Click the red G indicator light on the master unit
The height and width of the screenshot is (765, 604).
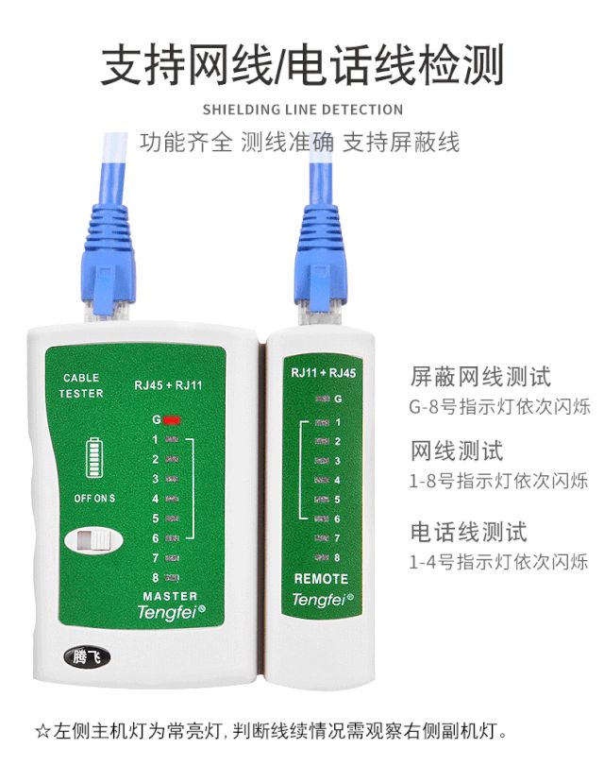pyautogui.click(x=172, y=419)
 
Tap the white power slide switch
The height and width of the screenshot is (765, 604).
pyautogui.click(x=93, y=540)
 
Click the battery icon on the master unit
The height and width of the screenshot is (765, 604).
pyautogui.click(x=94, y=457)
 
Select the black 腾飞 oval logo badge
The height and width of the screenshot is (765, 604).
pyautogui.click(x=87, y=656)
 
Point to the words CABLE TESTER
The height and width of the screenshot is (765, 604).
pyautogui.click(x=81, y=385)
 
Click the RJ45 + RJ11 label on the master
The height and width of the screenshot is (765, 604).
pyautogui.click(x=168, y=385)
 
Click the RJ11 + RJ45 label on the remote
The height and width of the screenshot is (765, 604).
pyautogui.click(x=324, y=373)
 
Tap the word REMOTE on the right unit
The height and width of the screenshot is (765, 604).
pyautogui.click(x=321, y=579)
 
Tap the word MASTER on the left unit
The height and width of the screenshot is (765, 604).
pyautogui.click(x=170, y=596)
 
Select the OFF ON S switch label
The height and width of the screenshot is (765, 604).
pyautogui.click(x=94, y=498)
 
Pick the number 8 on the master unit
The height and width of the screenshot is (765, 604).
pyautogui.click(x=156, y=578)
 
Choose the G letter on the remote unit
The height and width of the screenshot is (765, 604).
pyautogui.click(x=338, y=399)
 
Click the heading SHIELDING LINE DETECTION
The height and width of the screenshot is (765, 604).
pyautogui.click(x=303, y=110)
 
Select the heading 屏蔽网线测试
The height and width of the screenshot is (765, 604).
pyautogui.click(x=480, y=377)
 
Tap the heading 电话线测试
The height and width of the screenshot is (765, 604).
pyautogui.click(x=468, y=532)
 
